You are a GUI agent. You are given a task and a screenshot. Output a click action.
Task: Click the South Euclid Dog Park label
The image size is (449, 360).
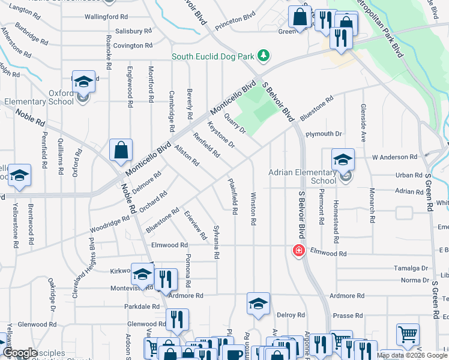point(213,57)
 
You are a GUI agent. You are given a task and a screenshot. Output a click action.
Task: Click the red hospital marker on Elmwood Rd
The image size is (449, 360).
point(297,250)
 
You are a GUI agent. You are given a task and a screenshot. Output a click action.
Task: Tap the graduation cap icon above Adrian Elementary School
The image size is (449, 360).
point(343,160)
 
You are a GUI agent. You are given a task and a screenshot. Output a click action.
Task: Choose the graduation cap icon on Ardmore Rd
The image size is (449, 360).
point(258,304)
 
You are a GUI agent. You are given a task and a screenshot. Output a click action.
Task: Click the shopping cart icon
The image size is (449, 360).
point(408,335)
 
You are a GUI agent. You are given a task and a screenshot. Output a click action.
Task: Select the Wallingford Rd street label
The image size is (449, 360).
point(106,17)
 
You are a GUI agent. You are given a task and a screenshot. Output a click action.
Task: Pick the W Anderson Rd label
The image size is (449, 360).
point(394,157)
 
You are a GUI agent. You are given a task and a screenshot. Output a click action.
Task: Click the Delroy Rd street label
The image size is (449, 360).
point(291,314)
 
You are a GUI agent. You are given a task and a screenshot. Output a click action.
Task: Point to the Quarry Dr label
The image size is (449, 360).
point(235,122)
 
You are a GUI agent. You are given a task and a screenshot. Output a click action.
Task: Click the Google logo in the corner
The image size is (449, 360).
point(20,353)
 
